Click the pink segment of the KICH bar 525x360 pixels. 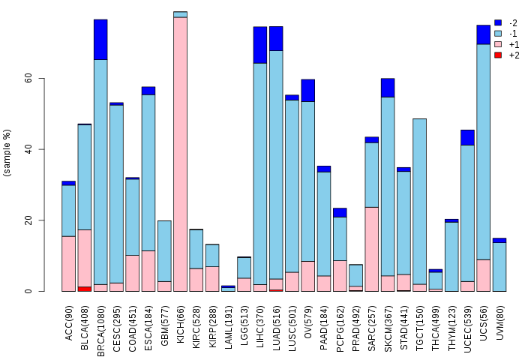pyautogui.click(x=180, y=154)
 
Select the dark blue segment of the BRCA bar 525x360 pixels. pyautogui.click(x=100, y=40)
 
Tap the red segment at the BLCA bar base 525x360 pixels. pyautogui.click(x=84, y=289)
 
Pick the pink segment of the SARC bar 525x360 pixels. pyautogui.click(x=372, y=249)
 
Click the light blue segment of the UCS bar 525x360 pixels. pyautogui.click(x=484, y=152)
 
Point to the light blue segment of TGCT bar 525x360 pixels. pyautogui.click(x=419, y=202)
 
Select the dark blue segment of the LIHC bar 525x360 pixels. pyautogui.click(x=260, y=45)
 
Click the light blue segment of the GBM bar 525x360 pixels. pyautogui.click(x=164, y=251)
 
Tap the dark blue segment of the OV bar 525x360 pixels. pyautogui.click(x=308, y=91)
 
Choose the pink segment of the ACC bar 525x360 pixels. pyautogui.click(x=69, y=264)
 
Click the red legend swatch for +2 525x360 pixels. pyautogui.click(x=498, y=55)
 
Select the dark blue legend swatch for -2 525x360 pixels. pyautogui.click(x=498, y=22)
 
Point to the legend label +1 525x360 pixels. pyautogui.click(x=514, y=44)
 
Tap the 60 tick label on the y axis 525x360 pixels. pyautogui.click(x=28, y=78)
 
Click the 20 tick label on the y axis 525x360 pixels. pyautogui.click(x=28, y=220)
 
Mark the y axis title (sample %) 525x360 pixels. pyautogui.click(x=7, y=153)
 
